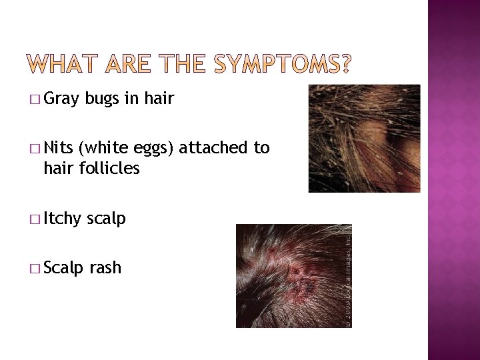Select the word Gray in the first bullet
pyautogui.click(x=62, y=99)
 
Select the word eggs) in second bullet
pyautogui.click(x=155, y=147)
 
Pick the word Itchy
pyautogui.click(x=63, y=218)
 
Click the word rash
pyautogui.click(x=105, y=267)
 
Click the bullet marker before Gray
pyautogui.click(x=35, y=101)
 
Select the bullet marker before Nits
pyautogui.click(x=35, y=149)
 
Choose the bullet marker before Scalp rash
pyautogui.click(x=35, y=269)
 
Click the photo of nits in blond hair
pyautogui.click(x=364, y=138)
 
